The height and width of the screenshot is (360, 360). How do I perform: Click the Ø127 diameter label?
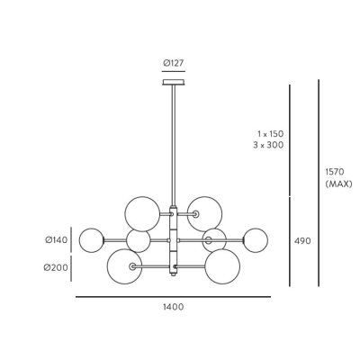click(174, 63)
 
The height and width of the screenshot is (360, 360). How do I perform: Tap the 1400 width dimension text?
click(174, 307)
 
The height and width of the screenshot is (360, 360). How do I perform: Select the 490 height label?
click(302, 241)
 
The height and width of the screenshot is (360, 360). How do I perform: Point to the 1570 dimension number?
click(334, 172)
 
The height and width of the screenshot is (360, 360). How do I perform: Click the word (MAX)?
click(338, 184)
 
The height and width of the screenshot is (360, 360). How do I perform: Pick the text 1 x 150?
click(270, 133)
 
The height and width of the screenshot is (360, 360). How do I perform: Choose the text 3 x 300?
click(268, 145)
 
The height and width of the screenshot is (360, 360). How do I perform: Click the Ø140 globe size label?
click(57, 240)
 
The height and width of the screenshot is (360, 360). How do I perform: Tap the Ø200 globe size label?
click(56, 267)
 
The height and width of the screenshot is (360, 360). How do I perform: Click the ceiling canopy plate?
click(174, 82)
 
